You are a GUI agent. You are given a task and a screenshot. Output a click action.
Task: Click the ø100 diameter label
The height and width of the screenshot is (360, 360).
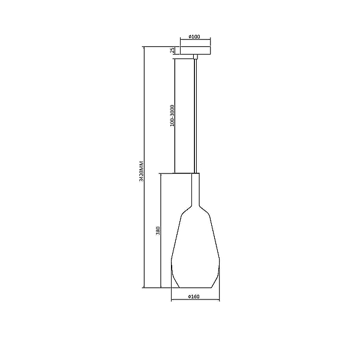tap(194, 37)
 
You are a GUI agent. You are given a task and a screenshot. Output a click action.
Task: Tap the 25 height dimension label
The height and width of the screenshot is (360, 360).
tap(172, 50)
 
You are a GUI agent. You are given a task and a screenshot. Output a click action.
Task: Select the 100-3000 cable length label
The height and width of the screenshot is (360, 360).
tap(172, 115)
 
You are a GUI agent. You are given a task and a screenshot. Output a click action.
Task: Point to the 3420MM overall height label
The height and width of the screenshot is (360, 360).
tap(142, 171)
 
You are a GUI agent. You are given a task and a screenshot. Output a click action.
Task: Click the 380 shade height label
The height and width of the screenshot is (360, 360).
tap(158, 230)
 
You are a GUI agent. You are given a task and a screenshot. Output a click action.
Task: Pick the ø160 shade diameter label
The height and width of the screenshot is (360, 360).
tap(194, 296)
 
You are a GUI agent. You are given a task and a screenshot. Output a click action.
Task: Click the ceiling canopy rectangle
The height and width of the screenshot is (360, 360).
tap(196, 50)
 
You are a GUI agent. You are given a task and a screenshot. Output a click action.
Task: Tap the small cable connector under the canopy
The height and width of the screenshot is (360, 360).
tap(196, 57)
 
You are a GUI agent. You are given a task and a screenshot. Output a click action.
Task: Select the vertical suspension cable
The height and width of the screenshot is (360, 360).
tap(196, 116)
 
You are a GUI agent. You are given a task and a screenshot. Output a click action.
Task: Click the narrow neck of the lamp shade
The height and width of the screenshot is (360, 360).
tap(196, 189)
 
